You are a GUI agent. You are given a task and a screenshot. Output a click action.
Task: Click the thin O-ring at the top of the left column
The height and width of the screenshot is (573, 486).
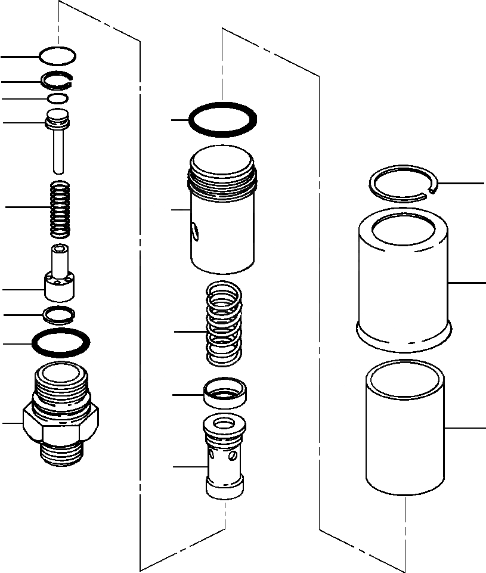pos(57,49)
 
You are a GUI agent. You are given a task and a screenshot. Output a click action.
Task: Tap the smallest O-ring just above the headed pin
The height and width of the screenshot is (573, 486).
pos(58,98)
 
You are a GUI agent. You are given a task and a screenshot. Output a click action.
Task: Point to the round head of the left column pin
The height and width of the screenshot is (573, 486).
pos(58,117)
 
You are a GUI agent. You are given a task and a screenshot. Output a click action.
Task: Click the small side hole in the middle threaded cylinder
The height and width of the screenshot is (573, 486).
pos(194,230)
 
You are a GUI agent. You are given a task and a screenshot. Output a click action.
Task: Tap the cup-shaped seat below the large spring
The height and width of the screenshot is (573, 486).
pos(225,393)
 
